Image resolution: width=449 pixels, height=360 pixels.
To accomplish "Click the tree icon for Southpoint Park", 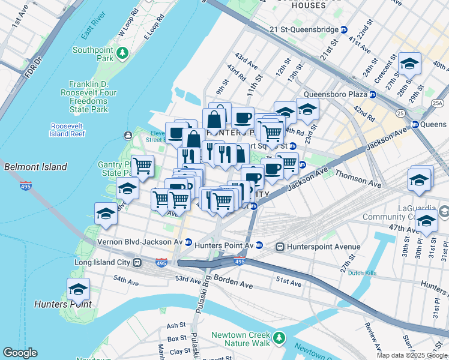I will click(x=123, y=53).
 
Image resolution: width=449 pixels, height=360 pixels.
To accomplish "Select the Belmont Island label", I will click(x=35, y=167).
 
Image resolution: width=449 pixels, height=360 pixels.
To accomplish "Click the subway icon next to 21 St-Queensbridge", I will click(x=344, y=29).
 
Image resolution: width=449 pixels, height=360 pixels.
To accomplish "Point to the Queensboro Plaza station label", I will click(x=334, y=94).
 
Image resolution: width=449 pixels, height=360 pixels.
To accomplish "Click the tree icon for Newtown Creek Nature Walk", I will click(x=279, y=339).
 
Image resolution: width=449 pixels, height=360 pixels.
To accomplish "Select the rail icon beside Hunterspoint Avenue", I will click(x=280, y=247).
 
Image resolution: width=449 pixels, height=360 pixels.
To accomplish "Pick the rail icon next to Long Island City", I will click(x=137, y=262).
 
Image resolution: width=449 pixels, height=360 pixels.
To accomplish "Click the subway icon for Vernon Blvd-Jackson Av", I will click(x=188, y=242).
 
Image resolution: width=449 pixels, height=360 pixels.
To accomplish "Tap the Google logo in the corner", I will click(x=20, y=353).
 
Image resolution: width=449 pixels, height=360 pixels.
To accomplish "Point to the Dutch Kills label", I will click(x=363, y=272).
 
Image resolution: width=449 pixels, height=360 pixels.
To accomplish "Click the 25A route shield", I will click(x=436, y=103).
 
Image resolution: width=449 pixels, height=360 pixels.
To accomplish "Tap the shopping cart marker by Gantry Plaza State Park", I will click(x=142, y=165).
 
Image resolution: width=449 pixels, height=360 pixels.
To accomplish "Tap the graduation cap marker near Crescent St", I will click(x=409, y=64).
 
